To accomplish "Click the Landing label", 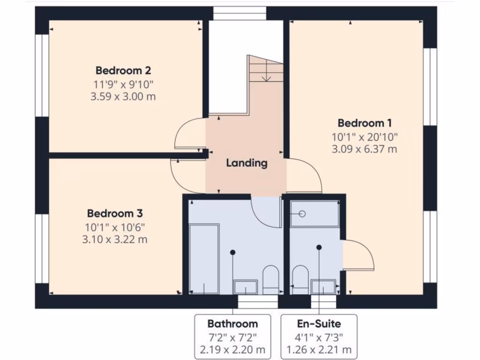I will coord(247,163).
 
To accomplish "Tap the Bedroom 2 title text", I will coord(123,71).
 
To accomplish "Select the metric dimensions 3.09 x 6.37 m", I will coord(364,150).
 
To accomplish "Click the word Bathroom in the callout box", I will coord(232,323).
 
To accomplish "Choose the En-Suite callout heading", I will coord(319,323).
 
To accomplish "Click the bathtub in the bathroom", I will coord(204,259).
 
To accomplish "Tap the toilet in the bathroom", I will coord(270,280).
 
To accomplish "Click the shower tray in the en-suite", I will coord(314,214).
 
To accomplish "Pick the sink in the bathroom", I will coord(246,287).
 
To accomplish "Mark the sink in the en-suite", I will coord(323,287).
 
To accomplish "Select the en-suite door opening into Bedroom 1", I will coord(358,255).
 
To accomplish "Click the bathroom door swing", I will coord(267,212).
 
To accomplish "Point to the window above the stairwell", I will coord(240,14).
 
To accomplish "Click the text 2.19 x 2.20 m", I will coord(232,350).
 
